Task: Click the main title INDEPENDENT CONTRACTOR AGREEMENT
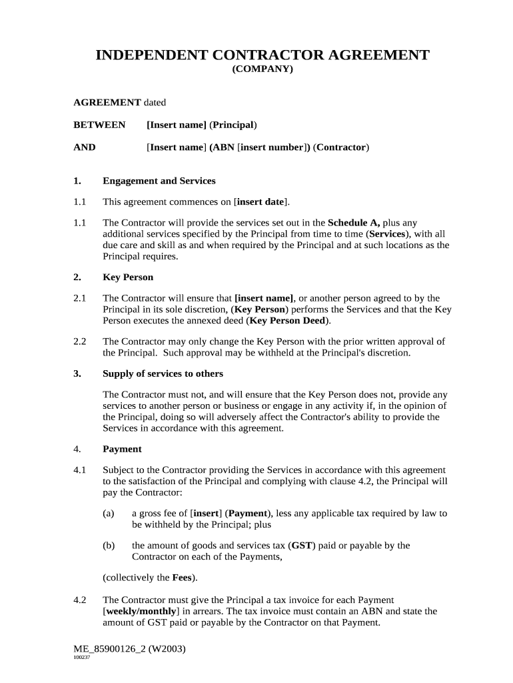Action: pyautogui.click(x=262, y=55)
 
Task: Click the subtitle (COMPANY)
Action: pyautogui.click(x=262, y=69)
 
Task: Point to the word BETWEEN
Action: pyautogui.click(x=99, y=125)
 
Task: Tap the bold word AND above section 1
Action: pyautogui.click(x=85, y=147)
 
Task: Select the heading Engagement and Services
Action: pyautogui.click(x=159, y=181)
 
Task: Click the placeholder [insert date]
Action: pyautogui.click(x=261, y=201)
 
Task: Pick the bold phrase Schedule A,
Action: pyautogui.click(x=354, y=223)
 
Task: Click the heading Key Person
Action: pyautogui.click(x=128, y=277)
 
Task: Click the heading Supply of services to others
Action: pyautogui.click(x=163, y=374)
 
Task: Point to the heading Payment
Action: pyautogui.click(x=122, y=449)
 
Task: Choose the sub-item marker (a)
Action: pyautogui.click(x=109, y=513)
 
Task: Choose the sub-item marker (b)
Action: pyautogui.click(x=109, y=545)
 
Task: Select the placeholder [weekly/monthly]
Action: pyautogui.click(x=141, y=610)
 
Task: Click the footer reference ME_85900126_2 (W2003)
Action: pyautogui.click(x=129, y=648)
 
